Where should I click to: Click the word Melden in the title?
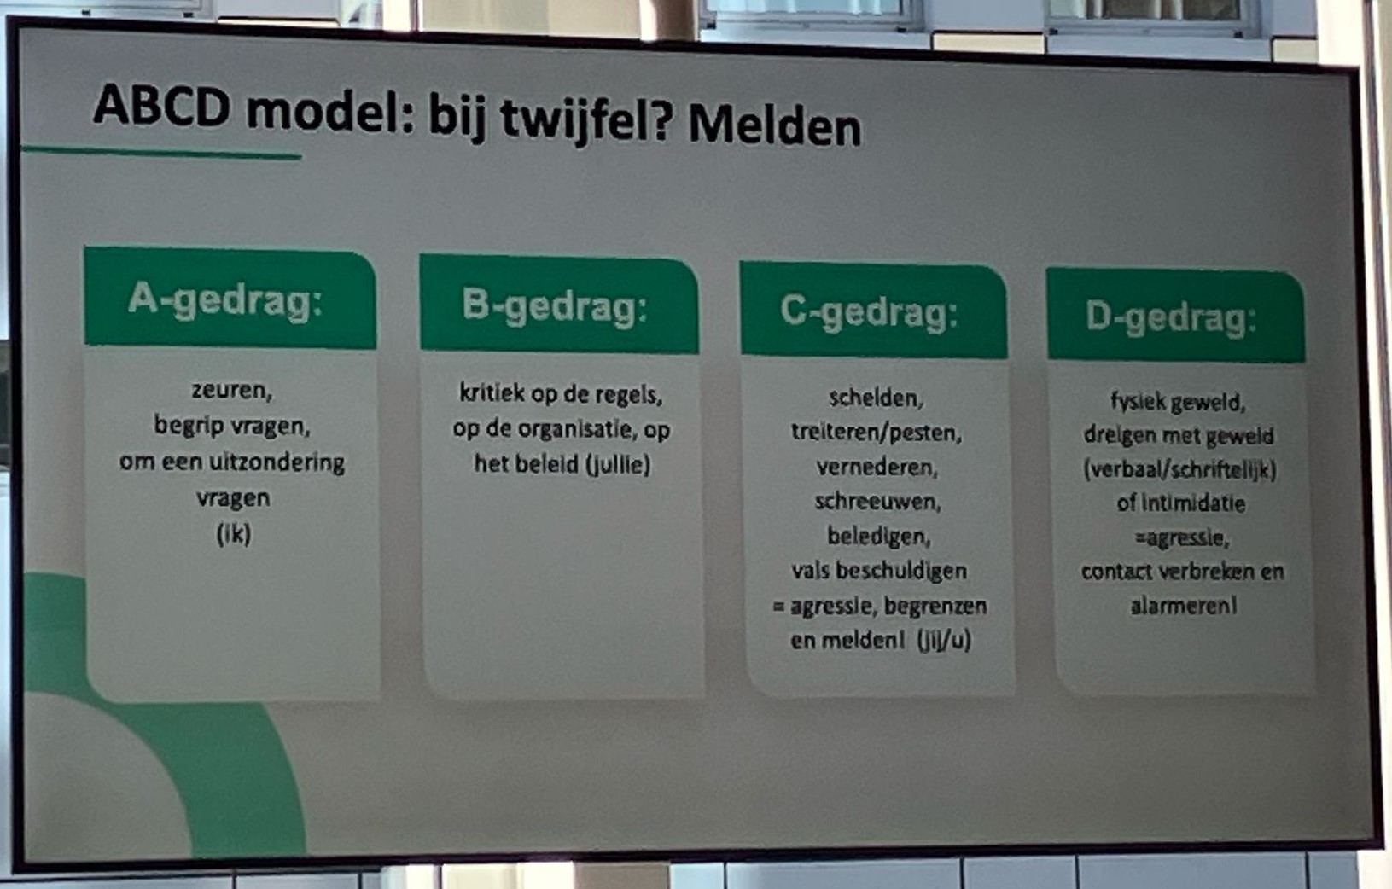[775, 127]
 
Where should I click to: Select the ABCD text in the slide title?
[162, 106]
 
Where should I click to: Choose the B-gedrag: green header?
[559, 305]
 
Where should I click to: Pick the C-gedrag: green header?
[873, 311]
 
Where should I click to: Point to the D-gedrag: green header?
[1175, 316]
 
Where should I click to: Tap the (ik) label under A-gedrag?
[234, 533]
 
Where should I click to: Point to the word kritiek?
[492, 392]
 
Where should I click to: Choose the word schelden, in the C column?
[876, 398]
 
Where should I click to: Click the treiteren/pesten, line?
[877, 433]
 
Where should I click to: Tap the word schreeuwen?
[877, 502]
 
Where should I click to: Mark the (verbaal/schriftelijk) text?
[1179, 469]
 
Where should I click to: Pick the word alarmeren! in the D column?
[1184, 606]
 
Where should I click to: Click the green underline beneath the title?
[161, 152]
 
